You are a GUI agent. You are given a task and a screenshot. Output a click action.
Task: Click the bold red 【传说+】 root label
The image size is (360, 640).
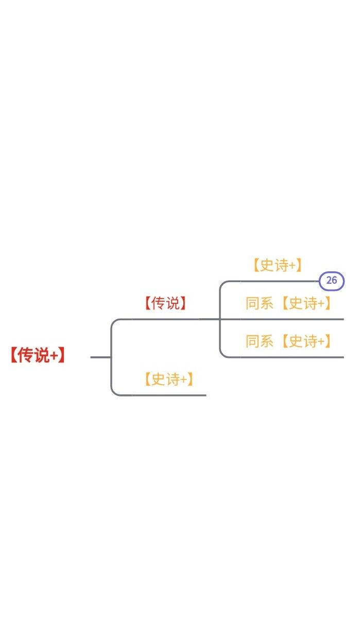(38, 355)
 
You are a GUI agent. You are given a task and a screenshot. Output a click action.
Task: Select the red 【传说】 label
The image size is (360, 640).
(165, 303)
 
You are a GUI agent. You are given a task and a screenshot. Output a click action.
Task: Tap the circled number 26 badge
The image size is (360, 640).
(332, 281)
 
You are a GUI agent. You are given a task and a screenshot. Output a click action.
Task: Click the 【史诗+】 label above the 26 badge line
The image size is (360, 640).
(278, 265)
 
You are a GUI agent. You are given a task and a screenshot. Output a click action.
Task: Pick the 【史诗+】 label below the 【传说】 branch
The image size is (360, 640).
(169, 379)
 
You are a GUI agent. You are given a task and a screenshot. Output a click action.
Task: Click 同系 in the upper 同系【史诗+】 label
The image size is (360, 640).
(260, 303)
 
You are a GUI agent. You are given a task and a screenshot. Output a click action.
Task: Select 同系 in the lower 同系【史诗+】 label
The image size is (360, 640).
(260, 341)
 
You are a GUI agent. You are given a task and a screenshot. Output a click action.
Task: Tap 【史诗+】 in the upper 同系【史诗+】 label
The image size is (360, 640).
(306, 303)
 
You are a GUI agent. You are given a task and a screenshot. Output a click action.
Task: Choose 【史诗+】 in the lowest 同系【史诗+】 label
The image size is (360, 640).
(306, 341)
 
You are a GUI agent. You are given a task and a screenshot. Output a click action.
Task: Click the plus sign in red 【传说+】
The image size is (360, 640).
(54, 356)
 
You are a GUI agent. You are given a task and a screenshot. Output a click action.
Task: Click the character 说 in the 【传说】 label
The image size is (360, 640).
(173, 303)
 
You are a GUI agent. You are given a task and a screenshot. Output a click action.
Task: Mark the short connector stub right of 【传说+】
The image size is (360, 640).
(100, 357)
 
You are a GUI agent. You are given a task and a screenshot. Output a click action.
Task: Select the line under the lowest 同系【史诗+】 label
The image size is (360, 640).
(286, 357)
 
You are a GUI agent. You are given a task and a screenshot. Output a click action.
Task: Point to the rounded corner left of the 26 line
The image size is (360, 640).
(222, 284)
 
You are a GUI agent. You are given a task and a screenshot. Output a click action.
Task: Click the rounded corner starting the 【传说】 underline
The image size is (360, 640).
(114, 322)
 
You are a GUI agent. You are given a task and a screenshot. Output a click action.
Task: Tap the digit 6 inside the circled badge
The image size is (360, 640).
(334, 280)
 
